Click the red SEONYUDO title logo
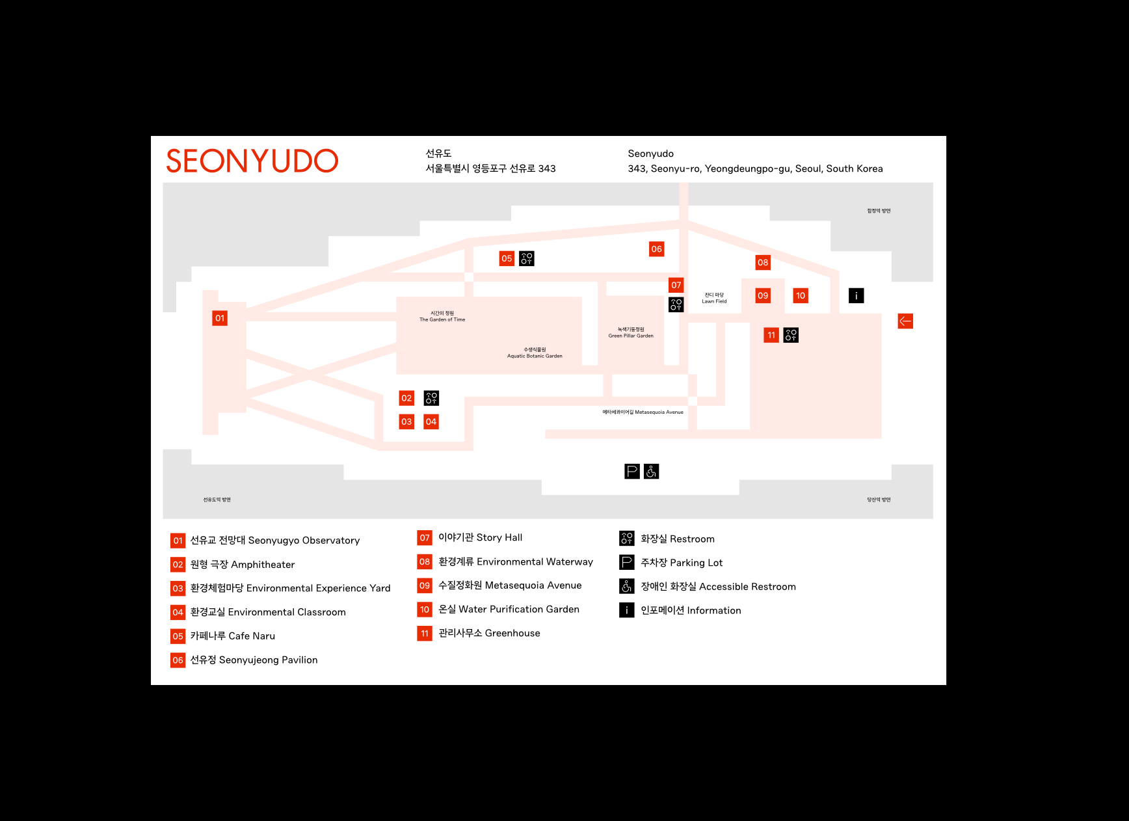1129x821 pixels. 252,161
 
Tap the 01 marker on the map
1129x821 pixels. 220,318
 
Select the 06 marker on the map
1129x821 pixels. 656,249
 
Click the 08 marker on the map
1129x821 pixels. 763,262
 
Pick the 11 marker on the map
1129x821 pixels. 771,335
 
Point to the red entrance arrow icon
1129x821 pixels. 905,321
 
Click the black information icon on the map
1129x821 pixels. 856,295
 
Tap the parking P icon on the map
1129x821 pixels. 631,471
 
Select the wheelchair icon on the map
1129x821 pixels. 651,471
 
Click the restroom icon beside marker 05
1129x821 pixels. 526,258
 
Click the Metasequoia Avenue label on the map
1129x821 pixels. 643,412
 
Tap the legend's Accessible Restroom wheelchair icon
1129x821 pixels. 626,586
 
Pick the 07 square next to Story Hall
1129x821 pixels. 425,537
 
